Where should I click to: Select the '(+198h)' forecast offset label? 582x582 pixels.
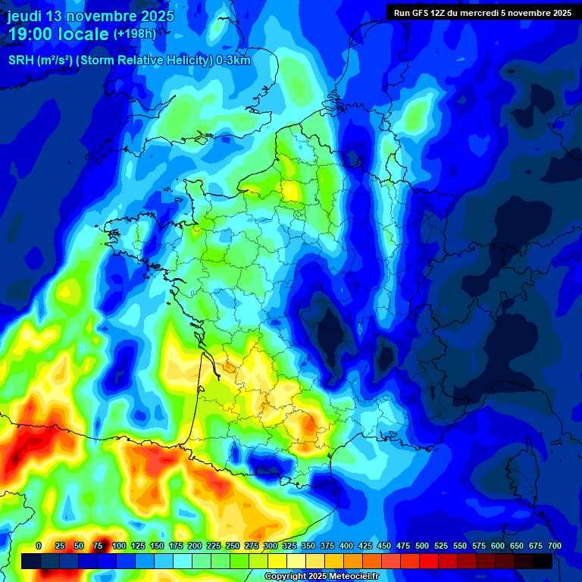coord(134,34)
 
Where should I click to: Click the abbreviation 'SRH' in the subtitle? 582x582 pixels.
coord(22,61)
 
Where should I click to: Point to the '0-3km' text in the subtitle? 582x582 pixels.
coord(233,61)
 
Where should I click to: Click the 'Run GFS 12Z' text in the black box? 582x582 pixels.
coord(425,13)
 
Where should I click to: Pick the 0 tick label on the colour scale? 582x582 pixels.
coord(39,546)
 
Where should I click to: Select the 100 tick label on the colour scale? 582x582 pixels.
coord(119,546)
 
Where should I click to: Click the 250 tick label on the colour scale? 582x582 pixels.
coord(233,546)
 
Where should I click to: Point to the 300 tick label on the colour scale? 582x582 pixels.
coord(271,546)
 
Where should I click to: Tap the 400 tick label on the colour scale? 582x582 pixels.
coord(346,546)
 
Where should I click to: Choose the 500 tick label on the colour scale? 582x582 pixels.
coord(422,546)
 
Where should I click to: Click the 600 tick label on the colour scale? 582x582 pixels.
coord(498,546)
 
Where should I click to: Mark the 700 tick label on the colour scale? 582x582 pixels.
coord(554,546)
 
